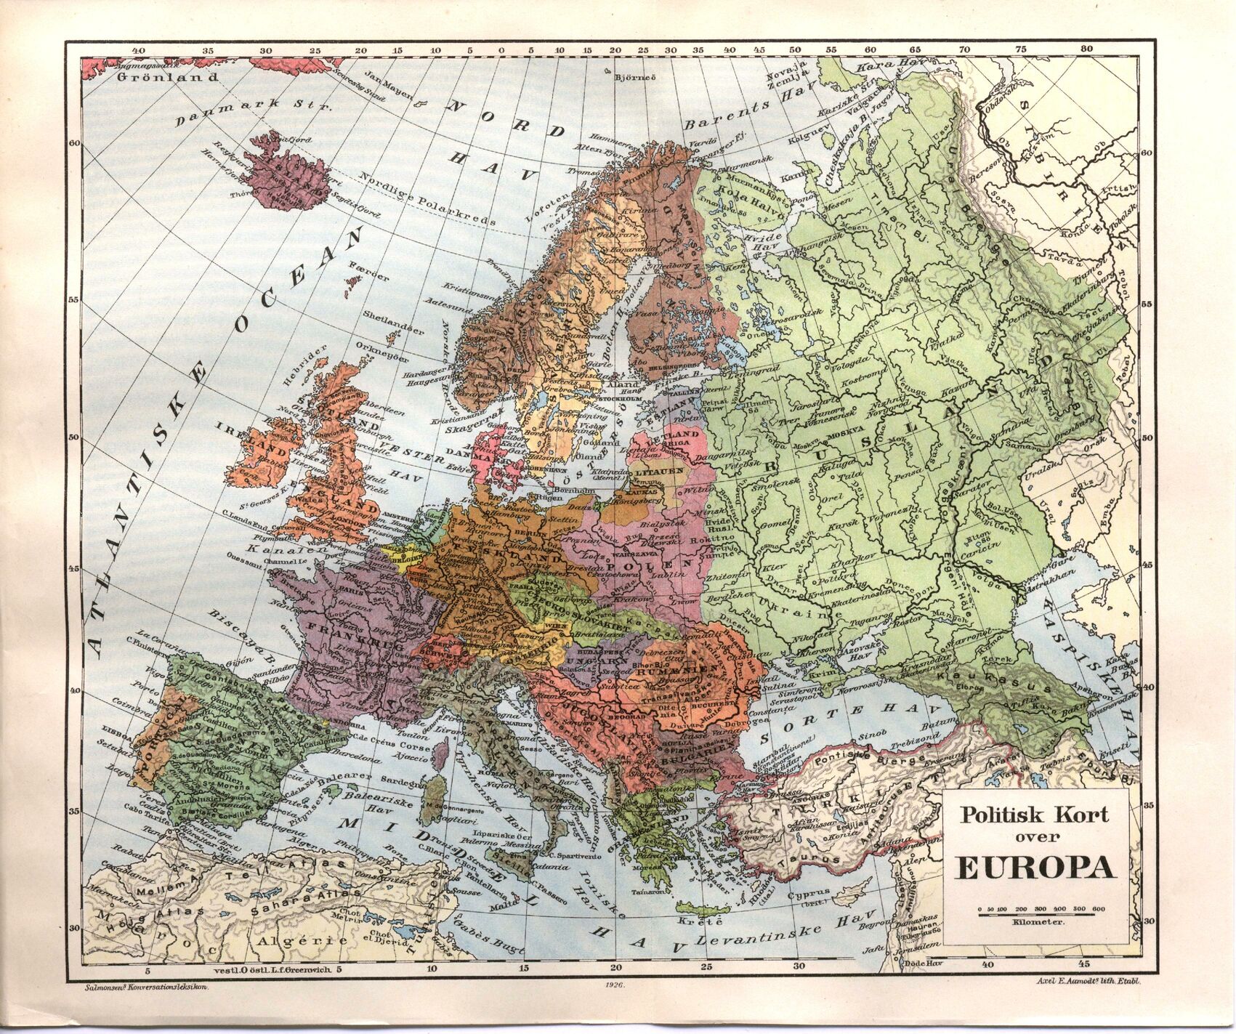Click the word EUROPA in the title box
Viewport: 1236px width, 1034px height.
[x=1035, y=868]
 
